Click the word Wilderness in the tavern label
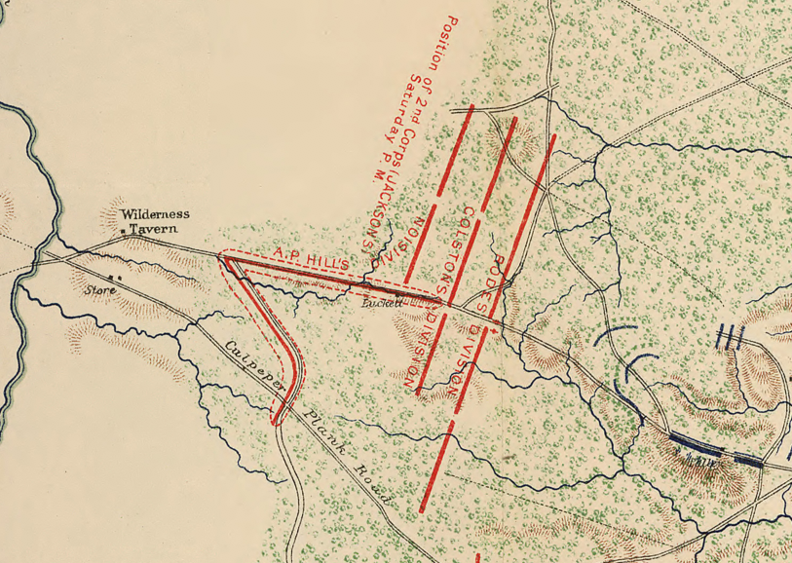tap(156, 214)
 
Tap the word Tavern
tap(156, 229)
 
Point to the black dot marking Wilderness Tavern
tap(123, 232)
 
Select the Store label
tap(99, 289)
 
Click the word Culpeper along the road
tap(256, 367)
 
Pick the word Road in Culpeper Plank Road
tap(374, 487)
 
